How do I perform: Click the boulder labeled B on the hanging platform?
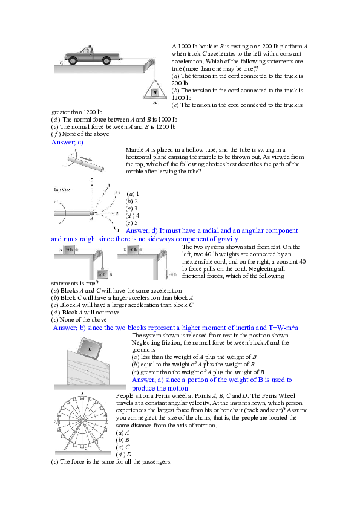pos(155,92)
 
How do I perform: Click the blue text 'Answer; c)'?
pos(67,142)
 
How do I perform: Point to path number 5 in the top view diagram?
pos(91,180)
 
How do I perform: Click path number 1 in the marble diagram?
pos(118,230)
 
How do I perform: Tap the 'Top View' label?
pos(63,189)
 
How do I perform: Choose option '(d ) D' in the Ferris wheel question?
pos(124,454)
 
